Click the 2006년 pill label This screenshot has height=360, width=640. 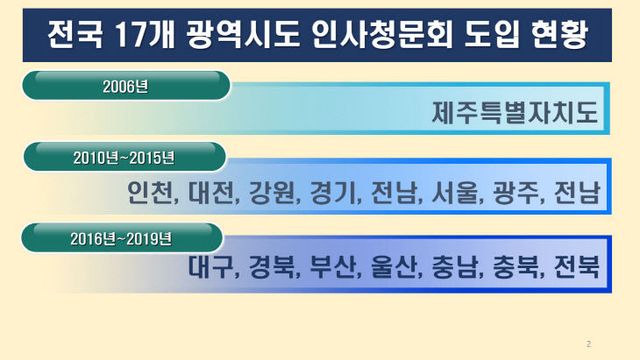coord(125,86)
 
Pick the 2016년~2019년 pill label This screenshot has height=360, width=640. coord(123,238)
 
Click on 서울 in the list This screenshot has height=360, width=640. coord(455,192)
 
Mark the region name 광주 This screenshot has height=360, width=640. coord(514,192)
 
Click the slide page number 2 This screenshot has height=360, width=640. coord(589,343)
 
